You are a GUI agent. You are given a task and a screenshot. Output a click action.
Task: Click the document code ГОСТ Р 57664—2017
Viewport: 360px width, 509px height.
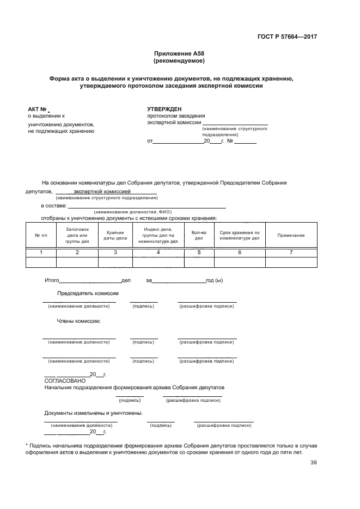click(x=287, y=37)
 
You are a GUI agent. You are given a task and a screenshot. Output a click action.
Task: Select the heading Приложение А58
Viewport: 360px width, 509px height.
click(x=179, y=54)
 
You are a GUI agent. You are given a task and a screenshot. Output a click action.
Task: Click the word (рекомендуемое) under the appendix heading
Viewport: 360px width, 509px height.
click(x=179, y=61)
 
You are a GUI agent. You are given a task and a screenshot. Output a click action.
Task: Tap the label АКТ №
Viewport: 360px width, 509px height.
click(x=37, y=109)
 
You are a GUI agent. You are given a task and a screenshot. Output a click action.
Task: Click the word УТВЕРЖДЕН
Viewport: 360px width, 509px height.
click(x=164, y=109)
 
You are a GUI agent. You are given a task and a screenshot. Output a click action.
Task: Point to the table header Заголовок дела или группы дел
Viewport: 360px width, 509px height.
click(x=77, y=235)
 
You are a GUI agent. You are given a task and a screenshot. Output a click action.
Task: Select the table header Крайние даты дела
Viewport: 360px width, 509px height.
click(x=115, y=235)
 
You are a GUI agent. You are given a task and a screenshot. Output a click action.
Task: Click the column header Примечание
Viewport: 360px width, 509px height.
click(x=291, y=235)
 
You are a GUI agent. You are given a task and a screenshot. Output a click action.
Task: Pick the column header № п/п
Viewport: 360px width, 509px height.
click(x=41, y=235)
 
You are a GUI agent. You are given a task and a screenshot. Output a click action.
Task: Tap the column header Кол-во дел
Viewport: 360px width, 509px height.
click(x=199, y=235)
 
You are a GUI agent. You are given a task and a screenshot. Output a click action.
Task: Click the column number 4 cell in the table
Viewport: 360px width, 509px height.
click(x=158, y=253)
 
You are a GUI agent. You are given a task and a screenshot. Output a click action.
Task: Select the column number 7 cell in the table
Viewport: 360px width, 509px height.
click(x=291, y=253)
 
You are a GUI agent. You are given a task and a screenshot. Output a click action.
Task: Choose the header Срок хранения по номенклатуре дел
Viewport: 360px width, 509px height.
click(x=239, y=235)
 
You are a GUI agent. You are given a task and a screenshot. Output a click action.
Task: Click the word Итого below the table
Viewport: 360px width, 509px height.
click(x=51, y=280)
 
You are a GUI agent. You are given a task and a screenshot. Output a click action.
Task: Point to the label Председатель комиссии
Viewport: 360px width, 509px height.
click(x=88, y=293)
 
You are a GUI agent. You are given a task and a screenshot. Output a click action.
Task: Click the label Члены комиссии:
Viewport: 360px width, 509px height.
click(x=78, y=321)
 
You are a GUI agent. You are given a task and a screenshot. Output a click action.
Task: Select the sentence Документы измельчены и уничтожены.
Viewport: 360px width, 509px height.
click(x=94, y=413)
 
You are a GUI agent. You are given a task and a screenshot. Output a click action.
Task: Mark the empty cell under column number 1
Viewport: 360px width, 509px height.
click(x=41, y=262)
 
